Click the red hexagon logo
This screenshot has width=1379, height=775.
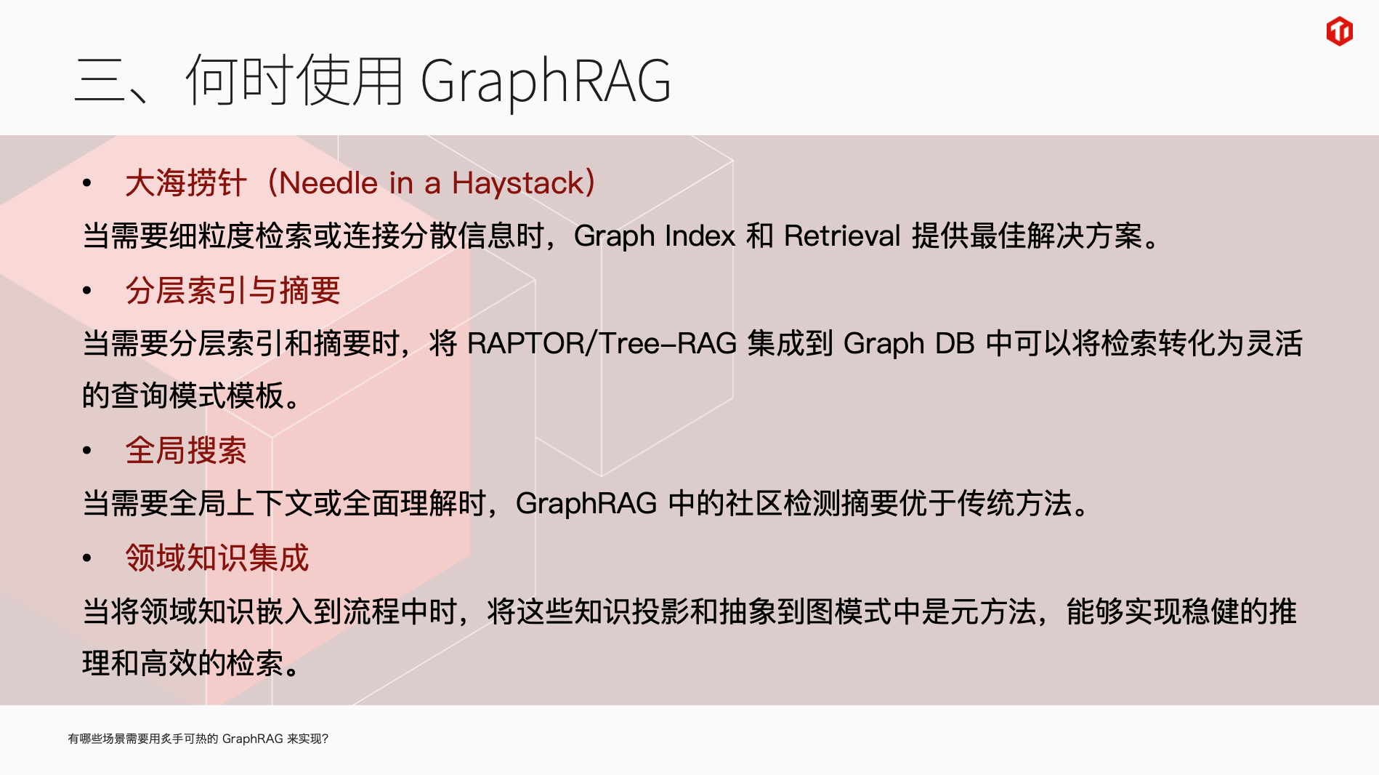1339,31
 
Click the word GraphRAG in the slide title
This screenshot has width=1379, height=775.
546,81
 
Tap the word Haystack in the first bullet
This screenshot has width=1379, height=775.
518,183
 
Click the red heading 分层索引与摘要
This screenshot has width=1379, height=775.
232,291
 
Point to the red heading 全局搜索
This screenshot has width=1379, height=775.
186,451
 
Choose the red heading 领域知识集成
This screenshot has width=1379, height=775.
217,558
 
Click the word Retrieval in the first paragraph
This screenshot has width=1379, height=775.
842,236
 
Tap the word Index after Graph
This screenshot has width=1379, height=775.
700,236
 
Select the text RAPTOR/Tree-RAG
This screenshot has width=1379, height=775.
602,343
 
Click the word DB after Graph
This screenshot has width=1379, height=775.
955,343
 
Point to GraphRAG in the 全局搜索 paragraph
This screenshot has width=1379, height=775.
586,504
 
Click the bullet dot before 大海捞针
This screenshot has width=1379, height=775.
87,183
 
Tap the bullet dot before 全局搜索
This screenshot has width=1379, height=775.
87,451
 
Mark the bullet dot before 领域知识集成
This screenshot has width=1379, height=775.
87,558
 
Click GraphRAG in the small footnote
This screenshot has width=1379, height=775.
252,739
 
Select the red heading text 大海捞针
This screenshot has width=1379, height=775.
186,183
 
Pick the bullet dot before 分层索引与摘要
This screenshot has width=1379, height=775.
87,291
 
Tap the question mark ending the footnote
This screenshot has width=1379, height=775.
325,739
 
